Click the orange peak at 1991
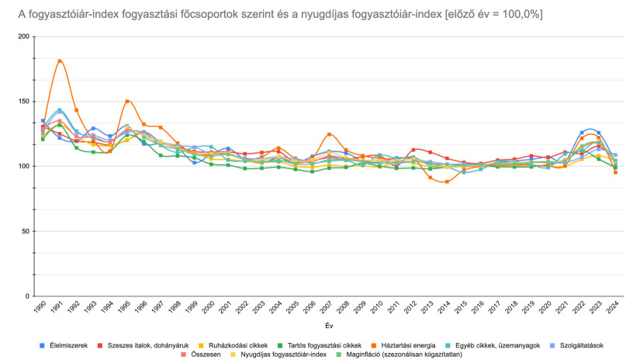coord(60,61)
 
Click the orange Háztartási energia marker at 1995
coord(127,101)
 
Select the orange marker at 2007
coord(330,135)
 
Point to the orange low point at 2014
coord(447,182)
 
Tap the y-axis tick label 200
coord(23,36)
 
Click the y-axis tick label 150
coord(23,102)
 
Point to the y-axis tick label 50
coord(26,231)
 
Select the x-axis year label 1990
coord(41,309)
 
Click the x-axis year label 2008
coord(344,309)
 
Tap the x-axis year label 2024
coord(614,309)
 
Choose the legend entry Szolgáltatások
coord(576,344)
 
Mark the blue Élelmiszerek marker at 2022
coord(582,133)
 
